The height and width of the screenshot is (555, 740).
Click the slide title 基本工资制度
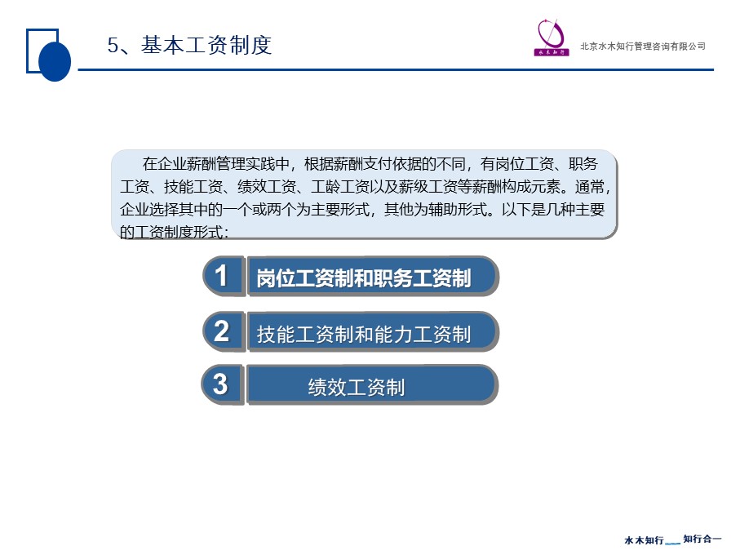[206, 46]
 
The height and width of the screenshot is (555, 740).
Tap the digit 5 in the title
[113, 46]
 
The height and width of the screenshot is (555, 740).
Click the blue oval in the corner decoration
[55, 61]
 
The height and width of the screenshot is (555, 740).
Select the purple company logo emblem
[552, 38]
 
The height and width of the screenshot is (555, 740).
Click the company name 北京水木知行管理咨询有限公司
[643, 47]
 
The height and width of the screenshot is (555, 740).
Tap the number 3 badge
[222, 384]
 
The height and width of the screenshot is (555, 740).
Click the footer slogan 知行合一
[702, 539]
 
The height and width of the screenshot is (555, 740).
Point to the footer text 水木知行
[644, 540]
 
